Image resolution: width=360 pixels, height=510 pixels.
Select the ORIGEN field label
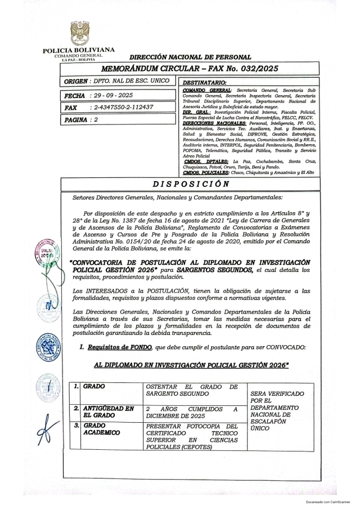pyautogui.click(x=78, y=82)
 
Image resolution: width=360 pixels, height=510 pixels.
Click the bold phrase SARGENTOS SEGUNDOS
pyautogui.click(x=216, y=271)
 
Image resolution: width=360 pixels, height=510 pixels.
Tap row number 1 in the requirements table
pyautogui.click(x=75, y=387)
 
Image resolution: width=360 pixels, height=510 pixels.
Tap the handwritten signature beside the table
pyautogui.click(x=49, y=433)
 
